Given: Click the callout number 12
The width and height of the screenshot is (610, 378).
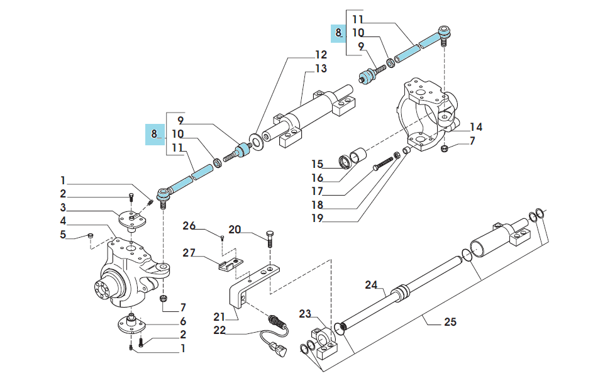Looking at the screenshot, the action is pos(321,55).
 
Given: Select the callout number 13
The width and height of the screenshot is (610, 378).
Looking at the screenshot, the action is pos(321,69).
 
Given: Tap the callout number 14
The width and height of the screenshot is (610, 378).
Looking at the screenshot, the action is pos(476,127).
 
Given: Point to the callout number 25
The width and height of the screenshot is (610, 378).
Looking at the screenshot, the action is pos(450,322).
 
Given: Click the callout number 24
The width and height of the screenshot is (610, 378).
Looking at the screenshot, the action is pos(371,285).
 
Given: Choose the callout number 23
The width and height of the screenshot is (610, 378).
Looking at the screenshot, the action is pos(306,313).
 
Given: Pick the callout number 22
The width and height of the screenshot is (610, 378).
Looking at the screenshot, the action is pos(220,330).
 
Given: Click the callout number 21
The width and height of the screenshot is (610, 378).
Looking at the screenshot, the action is pos(219,317).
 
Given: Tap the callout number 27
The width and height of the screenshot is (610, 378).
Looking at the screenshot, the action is pos(189,253).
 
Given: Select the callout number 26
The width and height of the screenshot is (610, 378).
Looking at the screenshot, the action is pos(189,226).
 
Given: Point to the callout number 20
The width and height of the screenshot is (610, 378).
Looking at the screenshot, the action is pos(235,230).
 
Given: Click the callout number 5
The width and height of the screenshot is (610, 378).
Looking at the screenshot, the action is pos(63,235).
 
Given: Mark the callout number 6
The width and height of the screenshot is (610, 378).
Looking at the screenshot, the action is pos(183,321).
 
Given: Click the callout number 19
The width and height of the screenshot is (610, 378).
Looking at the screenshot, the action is pos(318,218).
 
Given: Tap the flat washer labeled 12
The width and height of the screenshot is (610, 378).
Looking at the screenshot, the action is pos(257,141).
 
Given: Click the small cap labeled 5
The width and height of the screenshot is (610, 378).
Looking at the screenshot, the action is pos(91,235).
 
